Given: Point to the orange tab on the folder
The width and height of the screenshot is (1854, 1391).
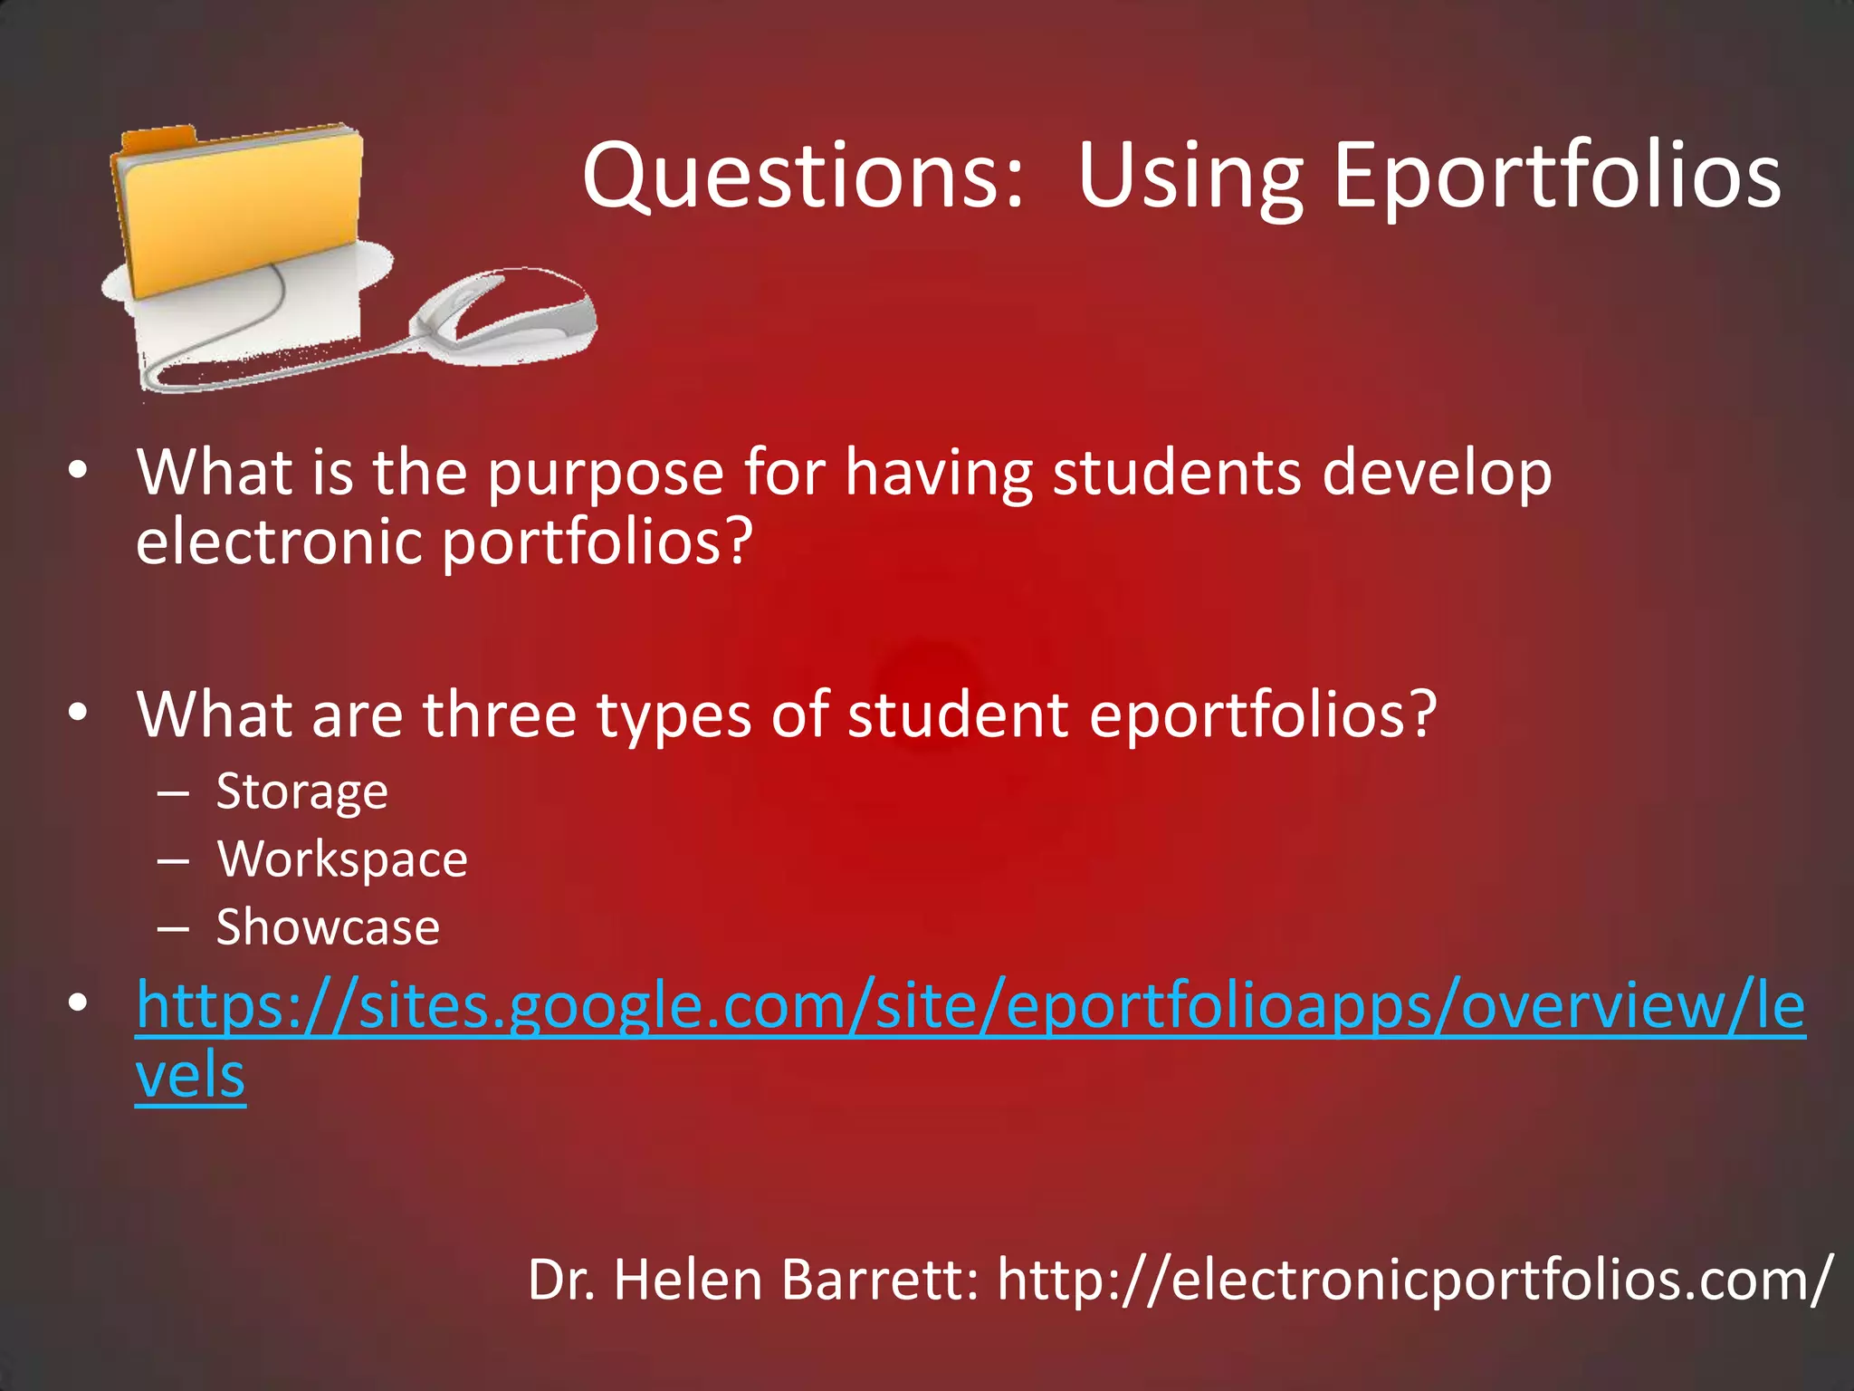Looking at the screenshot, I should pyautogui.click(x=159, y=140).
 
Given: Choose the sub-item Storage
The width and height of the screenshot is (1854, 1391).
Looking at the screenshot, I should pyautogui.click(x=302, y=792).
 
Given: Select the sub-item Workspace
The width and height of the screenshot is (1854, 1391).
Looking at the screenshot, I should pyautogui.click(x=342, y=859).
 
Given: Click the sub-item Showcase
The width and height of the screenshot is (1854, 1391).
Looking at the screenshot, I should pyautogui.click(x=328, y=927).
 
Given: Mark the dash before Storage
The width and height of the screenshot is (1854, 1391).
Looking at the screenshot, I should pyautogui.click(x=172, y=793).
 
